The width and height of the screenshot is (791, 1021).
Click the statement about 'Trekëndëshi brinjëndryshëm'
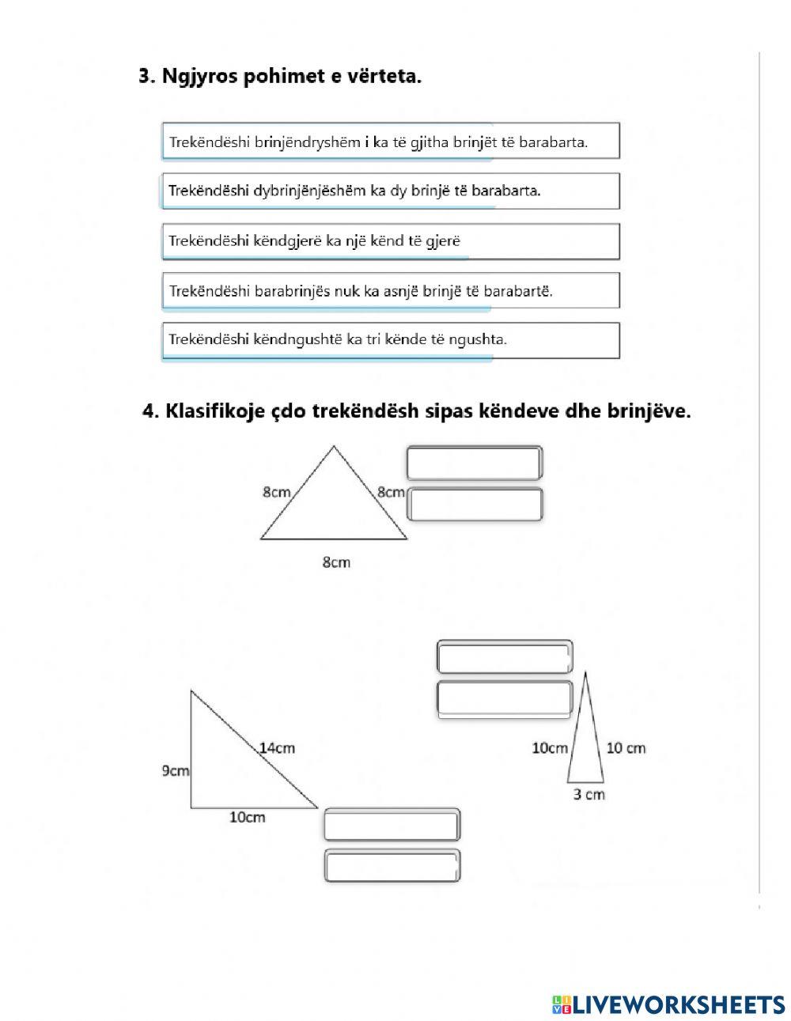(x=390, y=142)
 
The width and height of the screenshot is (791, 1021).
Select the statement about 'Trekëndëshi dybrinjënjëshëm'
(x=390, y=191)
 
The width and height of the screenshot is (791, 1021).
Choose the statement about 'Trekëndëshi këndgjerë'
(x=390, y=240)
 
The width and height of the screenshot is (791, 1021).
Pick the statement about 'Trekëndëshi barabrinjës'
(x=390, y=290)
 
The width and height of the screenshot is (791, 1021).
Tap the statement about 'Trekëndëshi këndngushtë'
(x=390, y=340)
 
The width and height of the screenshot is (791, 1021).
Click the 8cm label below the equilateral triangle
(x=335, y=562)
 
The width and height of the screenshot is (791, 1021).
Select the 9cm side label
(x=175, y=770)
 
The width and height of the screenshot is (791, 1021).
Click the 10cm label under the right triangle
(x=247, y=818)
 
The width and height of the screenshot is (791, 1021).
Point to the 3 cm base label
(x=589, y=794)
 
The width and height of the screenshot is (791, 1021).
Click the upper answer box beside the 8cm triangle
(x=474, y=463)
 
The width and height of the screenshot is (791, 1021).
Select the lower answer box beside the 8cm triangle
(x=474, y=505)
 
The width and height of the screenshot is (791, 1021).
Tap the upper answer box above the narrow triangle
(x=504, y=657)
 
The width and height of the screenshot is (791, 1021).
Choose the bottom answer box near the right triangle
(x=392, y=866)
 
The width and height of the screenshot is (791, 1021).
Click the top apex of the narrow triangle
(x=585, y=672)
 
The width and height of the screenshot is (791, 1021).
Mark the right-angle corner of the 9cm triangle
(x=191, y=807)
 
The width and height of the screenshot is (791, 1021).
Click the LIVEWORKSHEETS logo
(x=668, y=1004)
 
